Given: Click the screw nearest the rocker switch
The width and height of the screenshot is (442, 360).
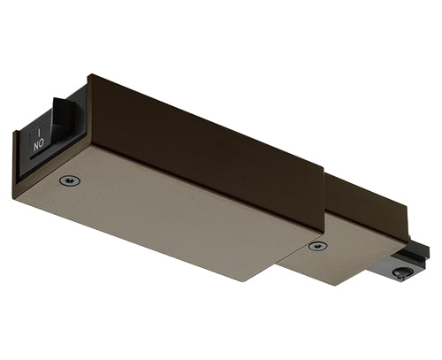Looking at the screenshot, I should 69,180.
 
